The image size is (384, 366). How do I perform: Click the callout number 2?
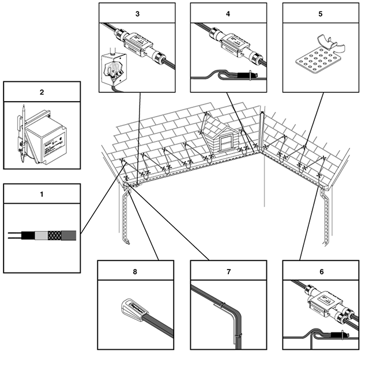[x=42, y=91]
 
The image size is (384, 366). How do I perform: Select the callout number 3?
[x=137, y=13]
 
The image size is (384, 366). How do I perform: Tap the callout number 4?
[x=228, y=13]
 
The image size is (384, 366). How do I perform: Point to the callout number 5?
[x=321, y=13]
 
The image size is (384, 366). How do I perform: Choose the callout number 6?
[x=321, y=270]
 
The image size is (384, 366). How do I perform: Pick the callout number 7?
[x=228, y=270]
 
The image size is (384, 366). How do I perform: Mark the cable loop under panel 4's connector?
[x=216, y=74]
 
